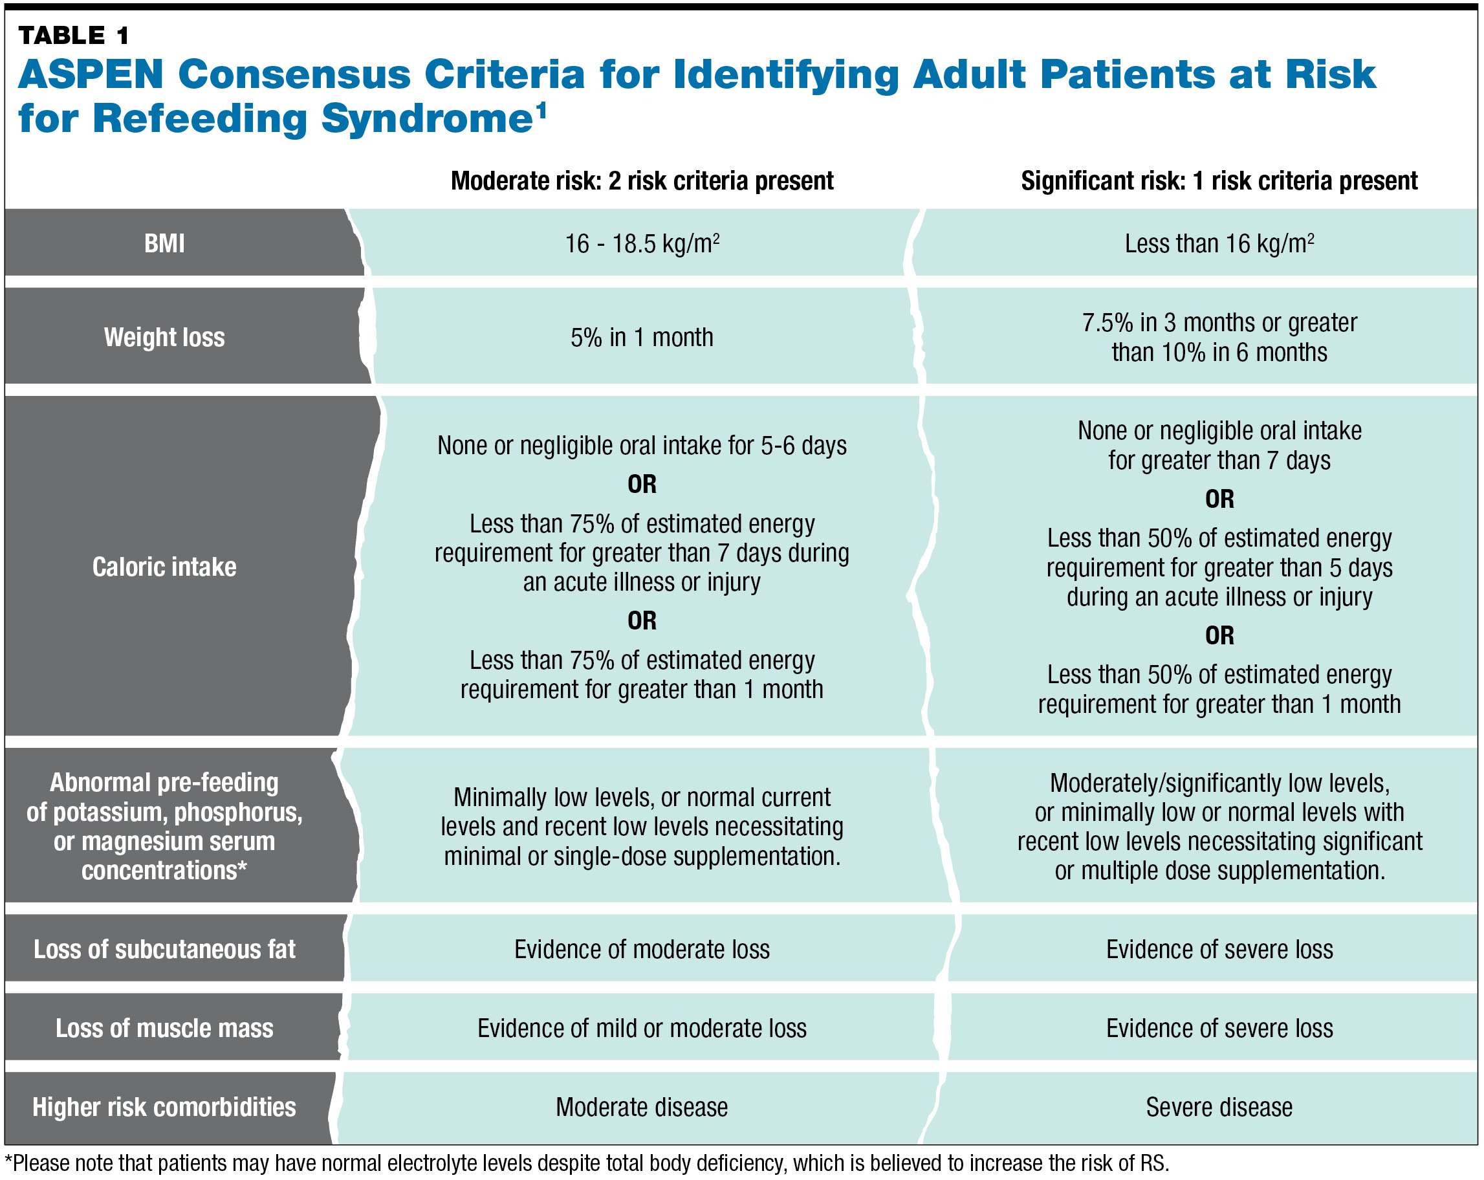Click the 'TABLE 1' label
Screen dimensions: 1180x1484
point(73,35)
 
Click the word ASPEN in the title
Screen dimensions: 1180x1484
point(91,74)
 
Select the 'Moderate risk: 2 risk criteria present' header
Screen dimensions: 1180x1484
point(642,181)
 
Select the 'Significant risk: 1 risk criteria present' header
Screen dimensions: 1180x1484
point(1219,181)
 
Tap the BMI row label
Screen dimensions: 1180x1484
point(164,244)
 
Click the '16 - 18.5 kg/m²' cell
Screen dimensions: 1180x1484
point(642,244)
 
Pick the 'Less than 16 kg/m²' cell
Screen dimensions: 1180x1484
point(1219,244)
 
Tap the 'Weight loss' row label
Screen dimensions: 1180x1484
point(164,337)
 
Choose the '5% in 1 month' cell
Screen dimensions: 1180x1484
point(642,337)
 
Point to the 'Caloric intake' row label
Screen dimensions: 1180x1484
point(164,567)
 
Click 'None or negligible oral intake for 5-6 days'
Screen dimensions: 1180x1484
point(642,446)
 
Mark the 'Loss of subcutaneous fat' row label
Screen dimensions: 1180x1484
point(164,950)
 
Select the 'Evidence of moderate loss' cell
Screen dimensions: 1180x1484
point(642,950)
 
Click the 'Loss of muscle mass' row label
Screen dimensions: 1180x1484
point(164,1028)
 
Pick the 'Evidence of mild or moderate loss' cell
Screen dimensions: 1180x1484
point(642,1028)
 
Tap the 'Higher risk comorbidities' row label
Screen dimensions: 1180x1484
point(164,1107)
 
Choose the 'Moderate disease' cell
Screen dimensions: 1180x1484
point(642,1107)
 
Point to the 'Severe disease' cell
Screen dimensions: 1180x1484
point(1219,1107)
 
